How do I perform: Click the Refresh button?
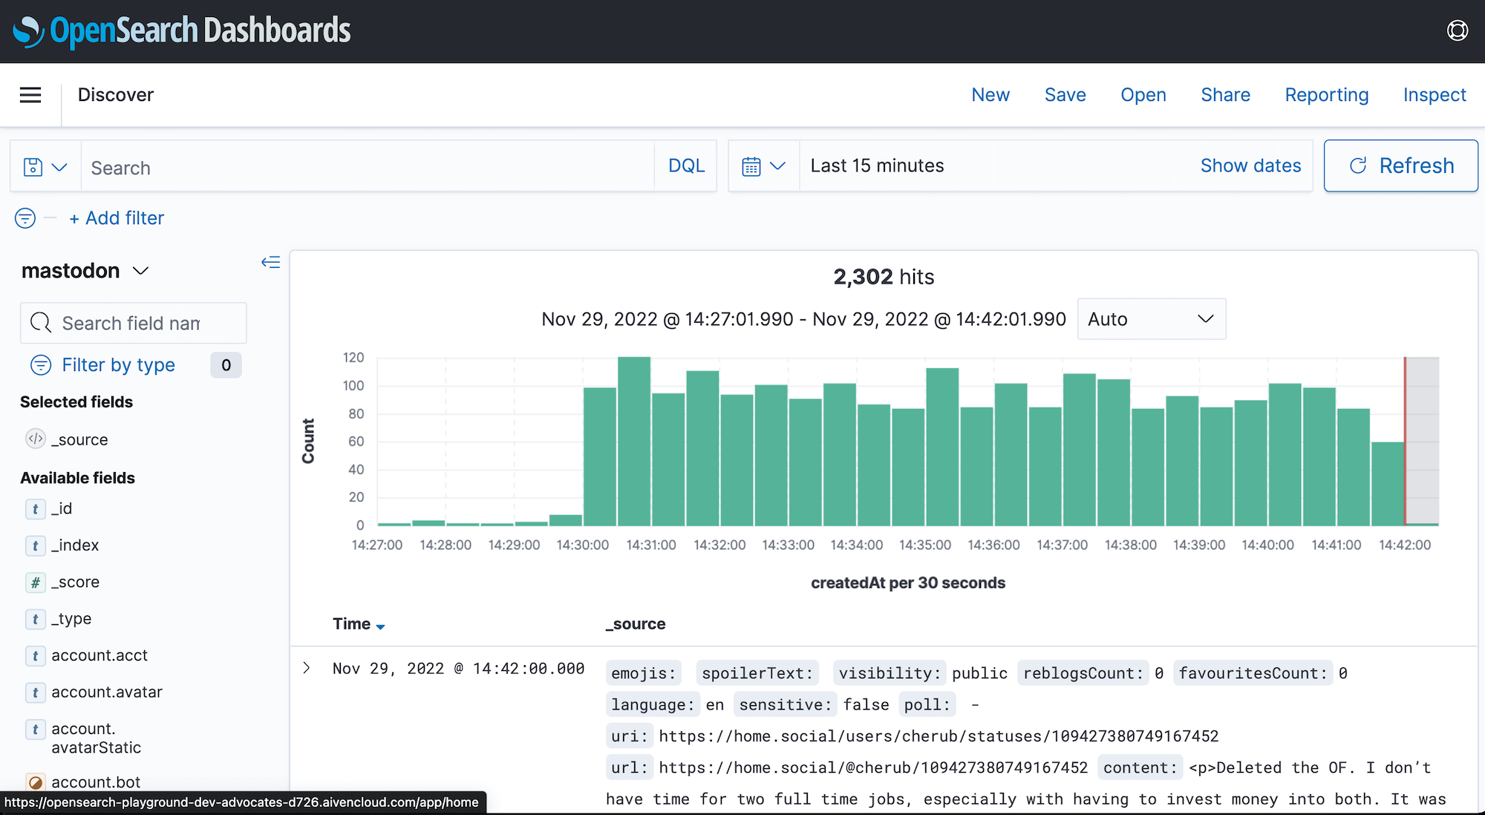point(1400,166)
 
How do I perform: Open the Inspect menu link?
point(1434,95)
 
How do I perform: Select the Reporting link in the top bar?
point(1326,95)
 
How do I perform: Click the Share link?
point(1225,95)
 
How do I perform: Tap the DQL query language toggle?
point(686,166)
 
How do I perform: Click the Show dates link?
point(1250,166)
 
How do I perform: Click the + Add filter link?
point(117,218)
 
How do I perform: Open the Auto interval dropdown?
point(1151,319)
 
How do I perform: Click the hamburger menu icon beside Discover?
point(30,95)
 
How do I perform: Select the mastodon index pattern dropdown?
point(85,271)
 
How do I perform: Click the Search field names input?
point(134,324)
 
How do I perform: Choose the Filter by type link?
point(118,365)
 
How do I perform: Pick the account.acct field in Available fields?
point(99,655)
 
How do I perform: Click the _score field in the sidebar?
point(75,582)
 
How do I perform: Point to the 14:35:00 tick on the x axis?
point(924,545)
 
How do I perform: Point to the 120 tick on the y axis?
point(353,358)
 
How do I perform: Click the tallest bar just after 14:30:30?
point(634,441)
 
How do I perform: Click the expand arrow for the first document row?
point(307,668)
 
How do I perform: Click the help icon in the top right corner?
point(1458,30)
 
